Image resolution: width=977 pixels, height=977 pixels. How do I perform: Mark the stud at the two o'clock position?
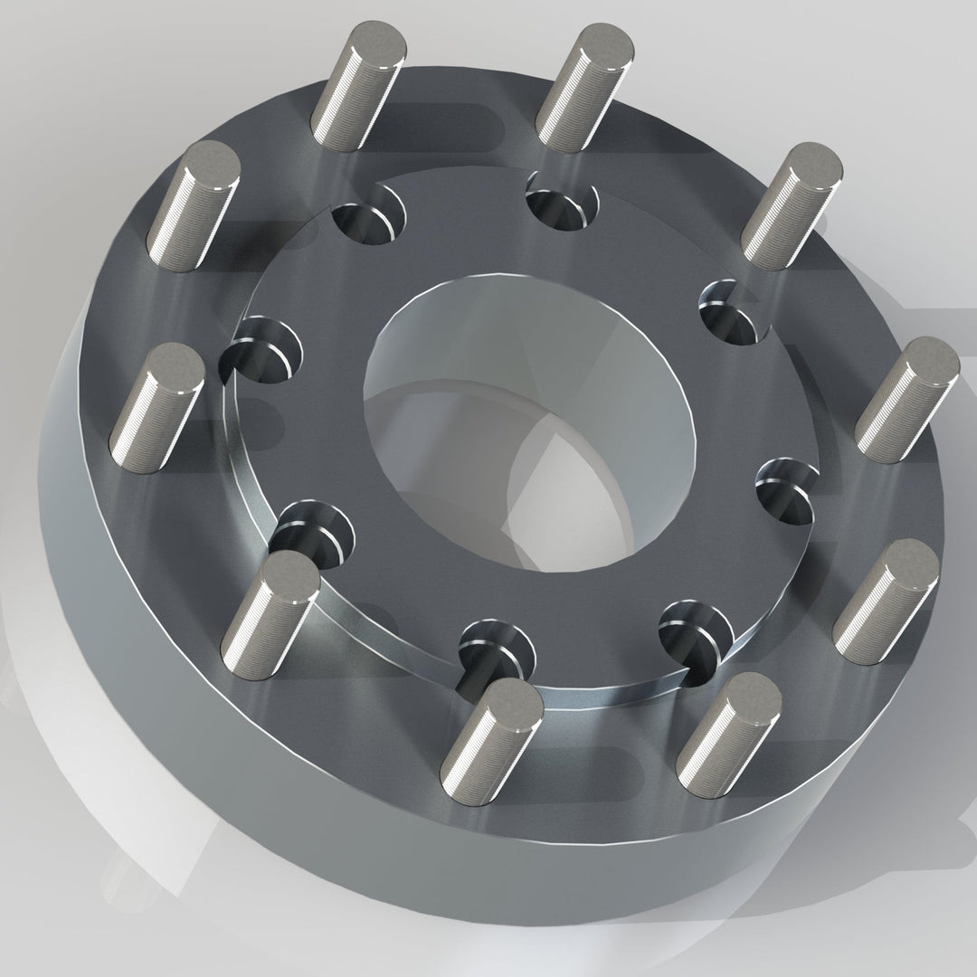[791, 204]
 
